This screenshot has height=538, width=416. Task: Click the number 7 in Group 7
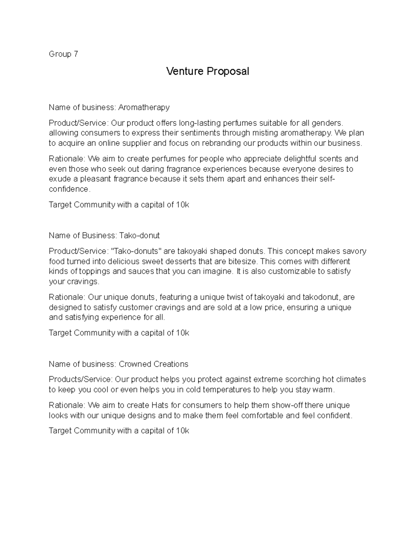76,54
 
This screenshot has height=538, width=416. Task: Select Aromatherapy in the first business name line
144,107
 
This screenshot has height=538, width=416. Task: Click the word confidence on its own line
69,189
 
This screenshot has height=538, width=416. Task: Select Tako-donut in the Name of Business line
139,236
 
